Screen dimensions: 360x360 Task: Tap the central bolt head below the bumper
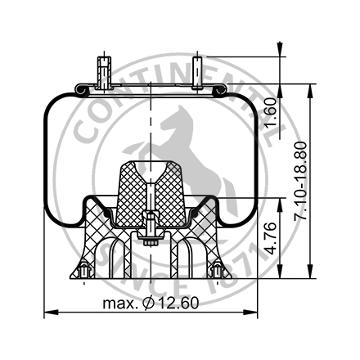(x=149, y=240)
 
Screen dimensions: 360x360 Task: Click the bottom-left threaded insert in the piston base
(x=84, y=269)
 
